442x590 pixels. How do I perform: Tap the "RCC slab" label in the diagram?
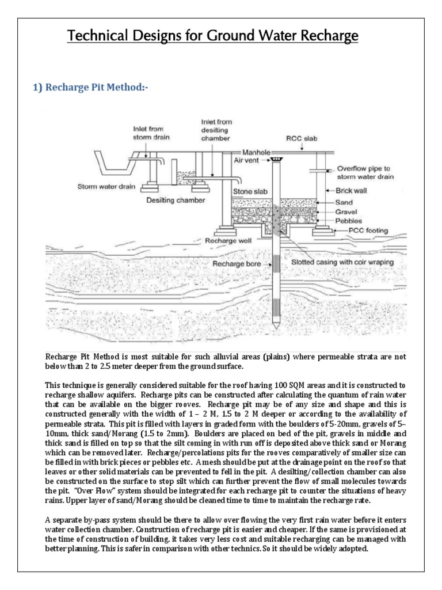point(302,138)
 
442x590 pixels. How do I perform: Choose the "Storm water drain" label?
point(107,186)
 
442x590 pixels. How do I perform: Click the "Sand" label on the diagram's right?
point(345,203)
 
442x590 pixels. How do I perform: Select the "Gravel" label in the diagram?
point(347,211)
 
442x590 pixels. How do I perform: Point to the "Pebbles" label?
point(349,221)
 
